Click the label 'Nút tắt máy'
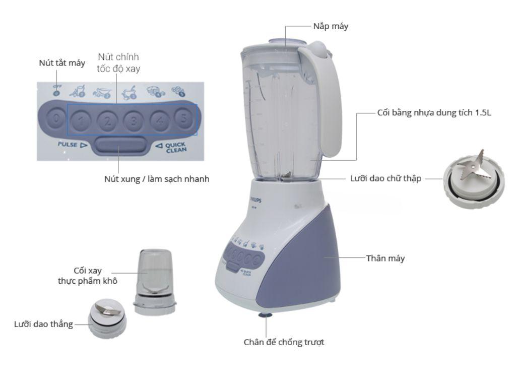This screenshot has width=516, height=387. (62, 63)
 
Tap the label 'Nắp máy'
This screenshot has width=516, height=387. (330, 26)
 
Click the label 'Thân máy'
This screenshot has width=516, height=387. (385, 259)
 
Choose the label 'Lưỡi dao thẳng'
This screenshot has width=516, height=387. (43, 324)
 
